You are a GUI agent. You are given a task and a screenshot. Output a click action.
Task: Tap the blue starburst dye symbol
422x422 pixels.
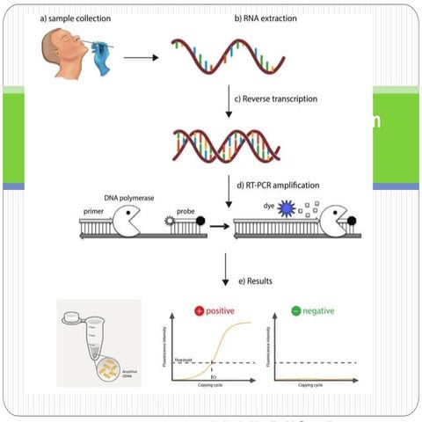(285, 210)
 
